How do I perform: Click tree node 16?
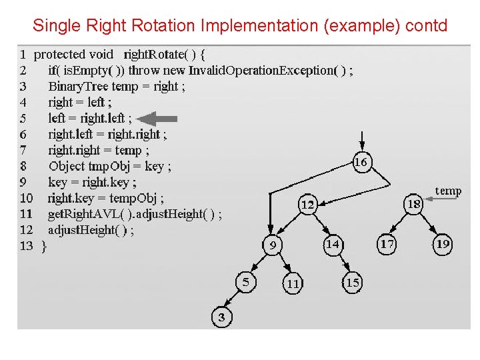coord(361,162)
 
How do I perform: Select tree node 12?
coord(307,205)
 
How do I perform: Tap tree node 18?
coord(414,204)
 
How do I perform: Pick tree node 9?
coord(273,246)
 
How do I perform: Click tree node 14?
coord(332,245)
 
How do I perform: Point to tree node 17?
coord(387,245)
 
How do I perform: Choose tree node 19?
coord(443,245)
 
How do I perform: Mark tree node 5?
coord(245,282)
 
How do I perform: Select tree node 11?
coord(293,283)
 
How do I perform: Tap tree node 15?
coord(353,283)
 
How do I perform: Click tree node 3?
coord(221,318)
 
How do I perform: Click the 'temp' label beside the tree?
coord(448,191)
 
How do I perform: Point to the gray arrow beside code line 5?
coord(159,119)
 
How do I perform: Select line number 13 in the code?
coord(26,246)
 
